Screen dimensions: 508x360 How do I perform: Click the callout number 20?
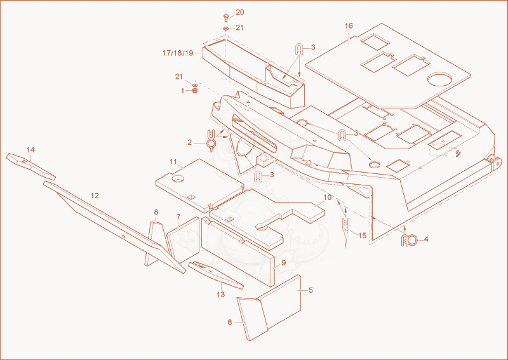coord(240,12)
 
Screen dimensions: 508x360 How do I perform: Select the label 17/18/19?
coord(178,53)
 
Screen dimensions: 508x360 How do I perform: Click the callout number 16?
coord(349,26)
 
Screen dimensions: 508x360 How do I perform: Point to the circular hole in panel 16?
coord(439,79)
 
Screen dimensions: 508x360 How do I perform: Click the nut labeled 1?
coord(195,91)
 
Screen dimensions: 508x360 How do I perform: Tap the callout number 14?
coord(30,150)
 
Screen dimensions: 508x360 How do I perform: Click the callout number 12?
coord(95,196)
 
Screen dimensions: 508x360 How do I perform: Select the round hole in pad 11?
coord(178,178)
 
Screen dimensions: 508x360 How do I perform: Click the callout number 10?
coord(328,197)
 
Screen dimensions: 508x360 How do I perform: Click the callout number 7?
coord(178,216)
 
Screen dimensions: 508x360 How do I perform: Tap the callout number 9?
coord(284,263)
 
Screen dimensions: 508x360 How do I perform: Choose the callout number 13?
coord(220,295)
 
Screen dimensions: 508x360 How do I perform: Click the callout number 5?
coord(311,290)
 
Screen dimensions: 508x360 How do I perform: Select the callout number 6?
coord(230,323)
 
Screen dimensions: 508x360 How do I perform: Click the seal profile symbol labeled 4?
coord(409,241)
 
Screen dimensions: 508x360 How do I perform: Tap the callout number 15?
coord(363,236)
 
